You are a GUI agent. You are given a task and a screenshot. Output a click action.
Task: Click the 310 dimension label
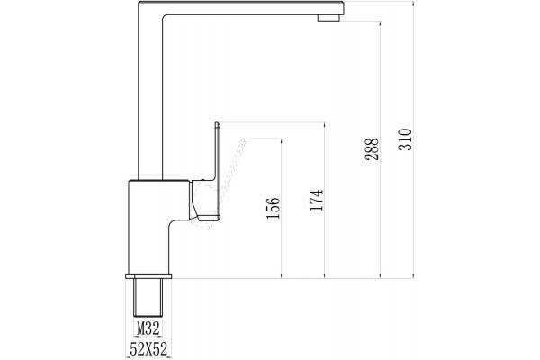tap(405, 139)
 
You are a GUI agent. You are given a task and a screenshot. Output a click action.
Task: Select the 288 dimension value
tap(372, 149)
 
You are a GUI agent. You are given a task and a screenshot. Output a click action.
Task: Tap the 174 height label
tap(317, 200)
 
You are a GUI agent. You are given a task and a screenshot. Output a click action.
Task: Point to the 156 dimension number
tap(274, 208)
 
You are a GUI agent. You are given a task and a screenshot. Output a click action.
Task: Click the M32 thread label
tap(148, 328)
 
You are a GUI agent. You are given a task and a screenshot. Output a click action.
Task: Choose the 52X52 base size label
tap(148, 349)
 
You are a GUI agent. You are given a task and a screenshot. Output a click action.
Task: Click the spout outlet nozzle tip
tap(328, 18)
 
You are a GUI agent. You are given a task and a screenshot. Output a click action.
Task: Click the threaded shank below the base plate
tap(148, 297)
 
